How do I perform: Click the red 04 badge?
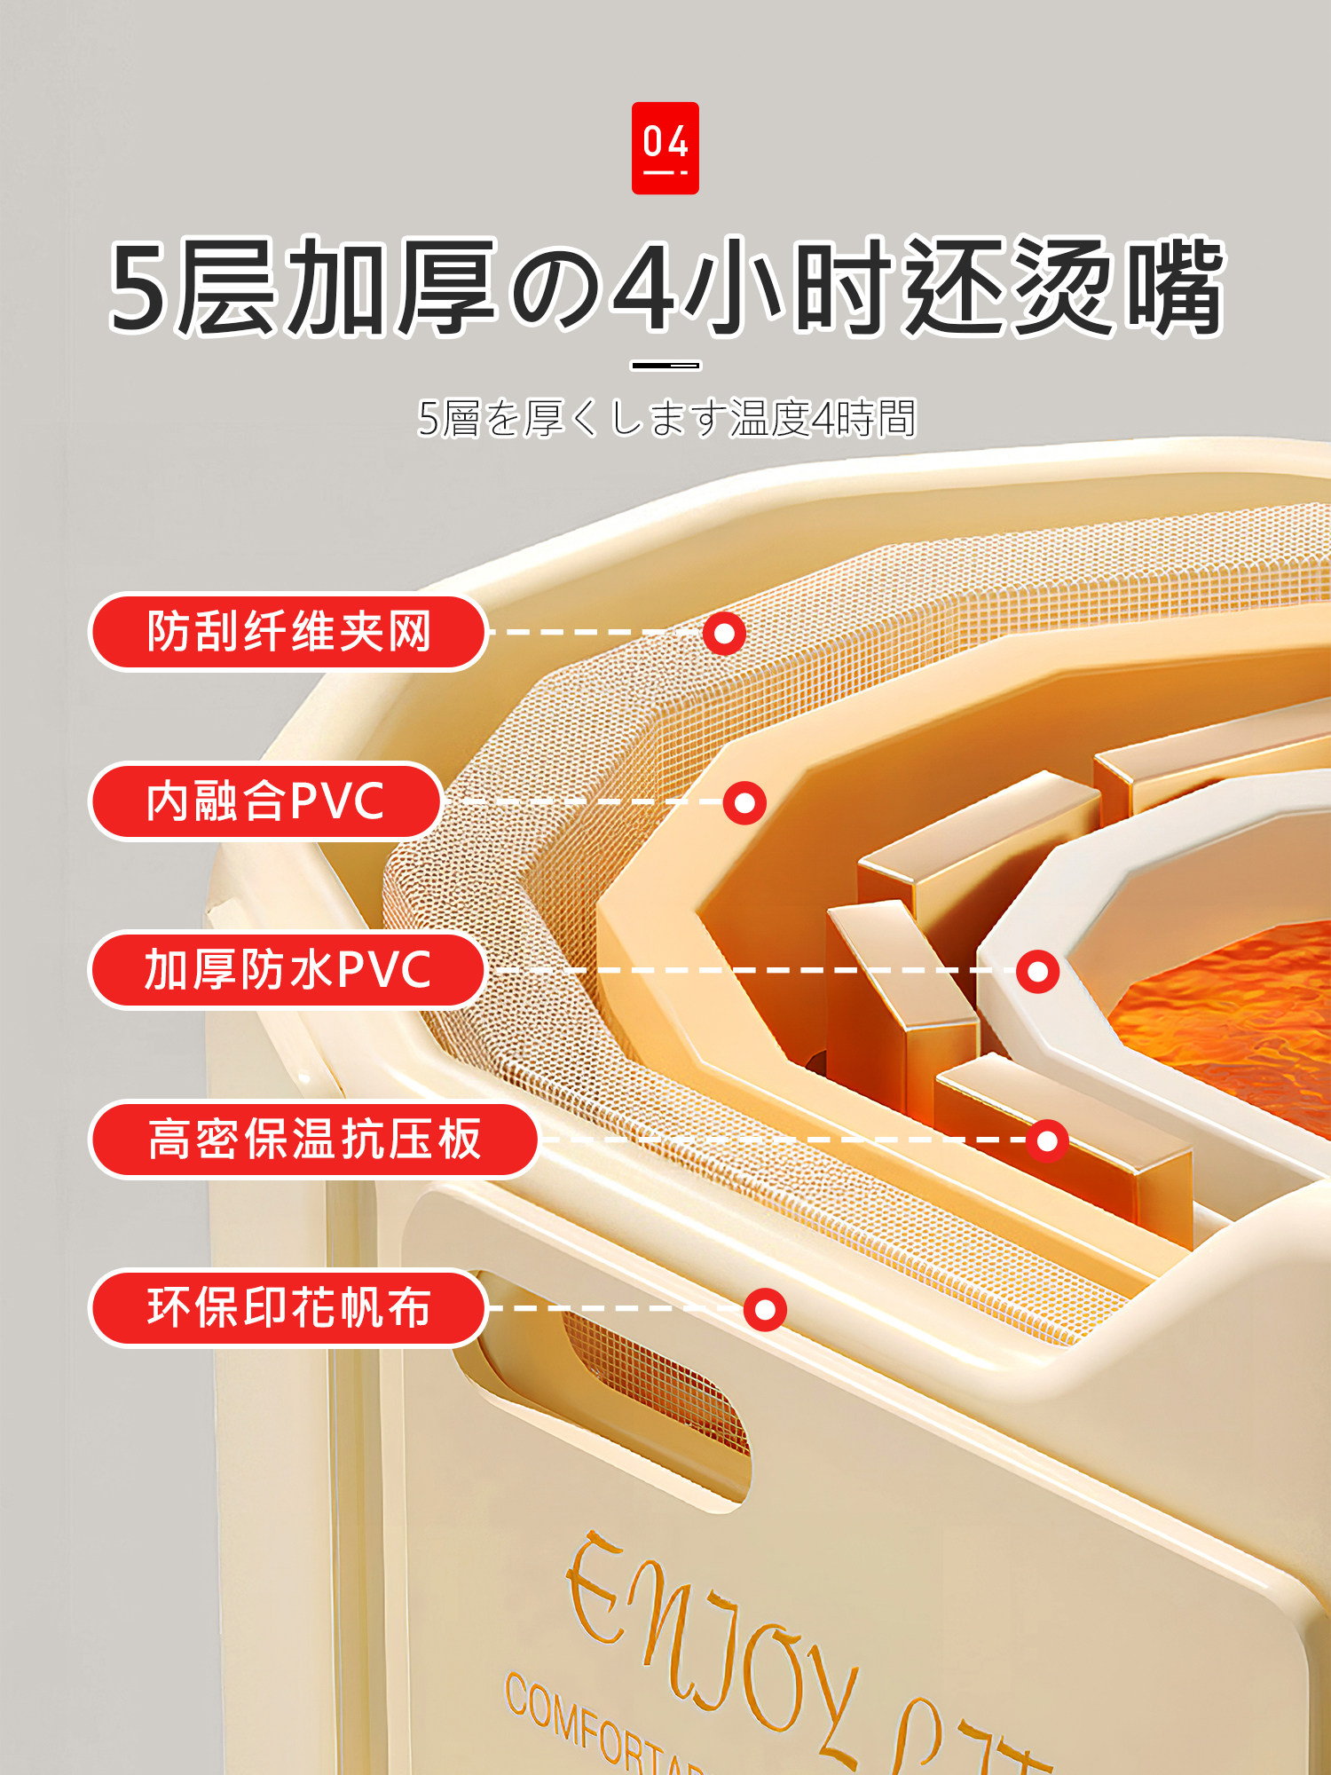click(665, 147)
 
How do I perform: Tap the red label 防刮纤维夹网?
click(288, 632)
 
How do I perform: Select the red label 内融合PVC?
click(265, 801)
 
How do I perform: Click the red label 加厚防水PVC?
click(287, 969)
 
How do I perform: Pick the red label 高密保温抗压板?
click(314, 1139)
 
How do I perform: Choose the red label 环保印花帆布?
click(288, 1307)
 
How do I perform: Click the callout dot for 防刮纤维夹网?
click(724, 634)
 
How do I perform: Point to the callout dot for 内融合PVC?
click(744, 803)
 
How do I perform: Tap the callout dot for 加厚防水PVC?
click(1037, 972)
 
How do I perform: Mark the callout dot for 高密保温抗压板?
click(1047, 1140)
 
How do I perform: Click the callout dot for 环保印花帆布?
click(765, 1310)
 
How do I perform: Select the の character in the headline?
click(555, 288)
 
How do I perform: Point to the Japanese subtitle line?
click(665, 418)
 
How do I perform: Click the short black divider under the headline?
click(665, 365)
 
